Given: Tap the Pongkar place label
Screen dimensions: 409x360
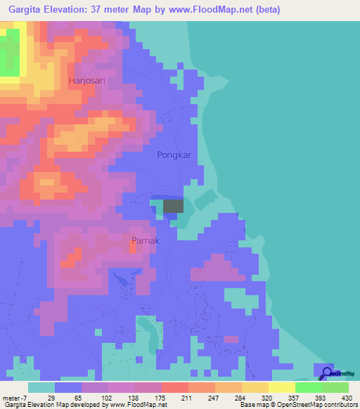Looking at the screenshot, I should pos(174,155).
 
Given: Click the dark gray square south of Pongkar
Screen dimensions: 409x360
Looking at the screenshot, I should pos(173,206).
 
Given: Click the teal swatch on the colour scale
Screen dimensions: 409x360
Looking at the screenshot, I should pos(41,387).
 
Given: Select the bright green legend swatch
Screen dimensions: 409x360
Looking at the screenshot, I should pos(309,387).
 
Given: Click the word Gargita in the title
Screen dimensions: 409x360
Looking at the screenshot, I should pos(22,9).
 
